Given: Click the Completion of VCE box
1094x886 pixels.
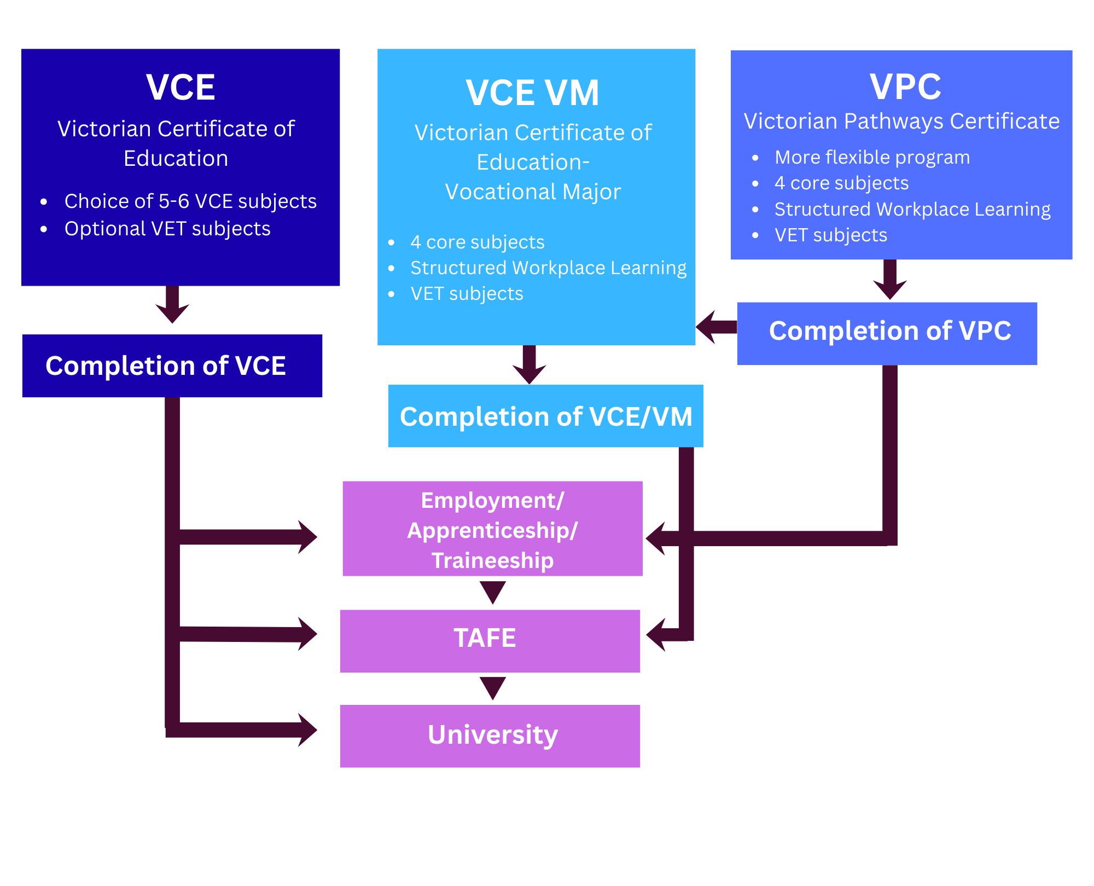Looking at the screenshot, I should point(172,366).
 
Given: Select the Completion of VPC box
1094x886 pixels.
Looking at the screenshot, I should point(887,333).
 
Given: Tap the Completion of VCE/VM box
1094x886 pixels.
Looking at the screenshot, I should point(545,416).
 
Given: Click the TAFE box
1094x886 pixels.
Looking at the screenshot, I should point(490,641).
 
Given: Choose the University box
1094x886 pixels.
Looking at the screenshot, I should point(490,736).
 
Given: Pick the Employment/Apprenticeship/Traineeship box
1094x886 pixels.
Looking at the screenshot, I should point(492,529).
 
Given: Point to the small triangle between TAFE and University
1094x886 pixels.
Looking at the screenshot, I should point(492,687).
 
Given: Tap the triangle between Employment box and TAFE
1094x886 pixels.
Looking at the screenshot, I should point(492,592).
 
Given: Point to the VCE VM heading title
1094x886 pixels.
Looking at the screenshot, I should point(532,92).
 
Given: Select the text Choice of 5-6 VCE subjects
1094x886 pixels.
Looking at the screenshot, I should point(190,201).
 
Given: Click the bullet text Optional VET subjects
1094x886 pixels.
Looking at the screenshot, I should point(167,229).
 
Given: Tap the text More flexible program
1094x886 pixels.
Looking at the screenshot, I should point(872,158).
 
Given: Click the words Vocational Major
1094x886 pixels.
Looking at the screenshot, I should point(533,192).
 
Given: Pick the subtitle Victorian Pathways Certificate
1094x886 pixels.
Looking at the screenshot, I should point(901,121).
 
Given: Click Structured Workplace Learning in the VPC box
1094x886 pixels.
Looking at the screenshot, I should point(912,210).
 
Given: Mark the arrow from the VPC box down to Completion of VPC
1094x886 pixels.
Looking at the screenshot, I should point(890,280).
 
